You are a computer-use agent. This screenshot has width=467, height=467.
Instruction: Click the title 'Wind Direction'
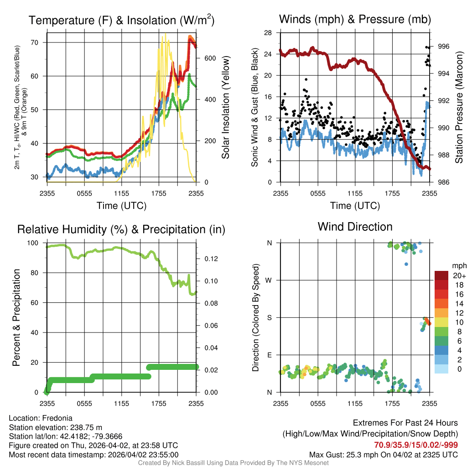tap(355, 227)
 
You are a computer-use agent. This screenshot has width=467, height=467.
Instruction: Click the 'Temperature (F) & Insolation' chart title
tap(121, 21)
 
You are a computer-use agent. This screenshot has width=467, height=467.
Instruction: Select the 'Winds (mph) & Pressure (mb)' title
tap(355, 20)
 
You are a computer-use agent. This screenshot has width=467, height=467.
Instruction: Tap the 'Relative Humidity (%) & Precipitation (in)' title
tap(121, 229)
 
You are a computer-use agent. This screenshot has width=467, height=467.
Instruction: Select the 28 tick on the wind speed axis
tap(268, 33)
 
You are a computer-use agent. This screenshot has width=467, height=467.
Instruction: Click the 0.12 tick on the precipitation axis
tap(210, 259)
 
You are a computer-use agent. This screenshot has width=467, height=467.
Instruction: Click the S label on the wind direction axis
tap(269, 317)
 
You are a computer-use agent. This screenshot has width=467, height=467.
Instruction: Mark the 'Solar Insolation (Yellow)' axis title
tap(226, 108)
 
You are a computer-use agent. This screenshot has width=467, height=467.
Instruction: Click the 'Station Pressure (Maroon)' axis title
tap(459, 108)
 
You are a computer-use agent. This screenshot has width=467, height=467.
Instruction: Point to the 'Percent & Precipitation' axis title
tap(16, 317)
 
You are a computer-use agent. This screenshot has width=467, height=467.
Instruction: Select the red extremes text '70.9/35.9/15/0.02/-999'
tap(416, 445)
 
